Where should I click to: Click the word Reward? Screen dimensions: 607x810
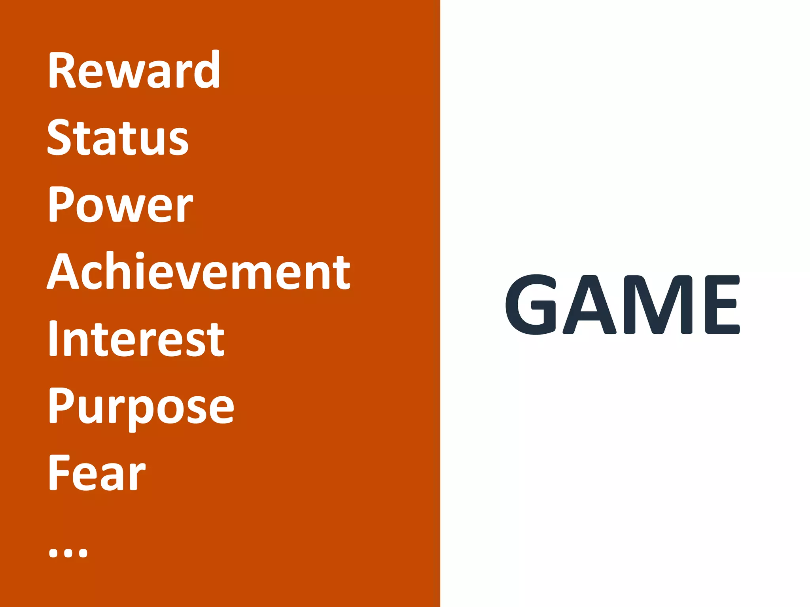coord(134,70)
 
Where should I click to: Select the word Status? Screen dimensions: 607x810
coord(118,137)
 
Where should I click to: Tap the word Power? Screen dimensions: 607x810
coord(121,204)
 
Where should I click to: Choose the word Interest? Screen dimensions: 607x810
coord(136,338)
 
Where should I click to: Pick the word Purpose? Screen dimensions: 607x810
coord(141,407)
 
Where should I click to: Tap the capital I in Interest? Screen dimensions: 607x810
coord(53,338)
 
